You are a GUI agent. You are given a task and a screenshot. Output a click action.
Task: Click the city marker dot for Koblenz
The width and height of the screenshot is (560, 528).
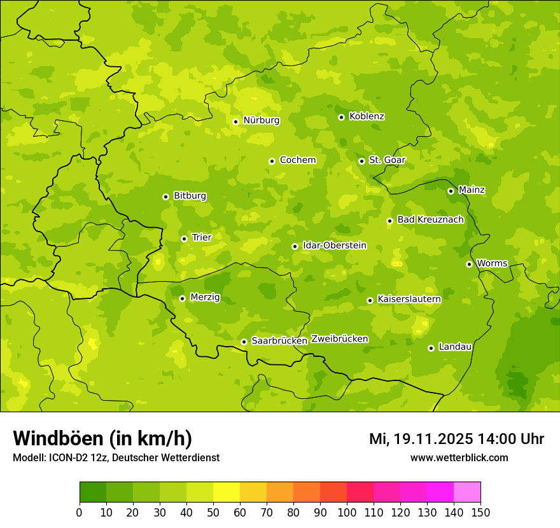[342, 117]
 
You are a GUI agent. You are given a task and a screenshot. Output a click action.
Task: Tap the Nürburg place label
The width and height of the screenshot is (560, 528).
[261, 120]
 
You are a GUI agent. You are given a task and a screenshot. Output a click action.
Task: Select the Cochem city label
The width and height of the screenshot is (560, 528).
[298, 160]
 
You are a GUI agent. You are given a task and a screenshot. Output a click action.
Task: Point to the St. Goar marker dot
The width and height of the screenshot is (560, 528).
[362, 161]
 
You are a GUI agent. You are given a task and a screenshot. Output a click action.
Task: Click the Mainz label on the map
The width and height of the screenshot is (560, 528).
[472, 190]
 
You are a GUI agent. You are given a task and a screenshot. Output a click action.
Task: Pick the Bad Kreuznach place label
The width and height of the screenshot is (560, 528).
[430, 219]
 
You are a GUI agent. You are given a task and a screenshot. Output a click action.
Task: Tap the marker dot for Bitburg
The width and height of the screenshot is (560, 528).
[166, 197]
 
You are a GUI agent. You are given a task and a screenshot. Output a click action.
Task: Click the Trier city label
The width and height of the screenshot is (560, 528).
[201, 237]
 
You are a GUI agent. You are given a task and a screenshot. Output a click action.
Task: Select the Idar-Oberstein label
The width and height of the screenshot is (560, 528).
[335, 245]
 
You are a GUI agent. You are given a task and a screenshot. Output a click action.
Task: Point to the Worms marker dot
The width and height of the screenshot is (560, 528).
[470, 264]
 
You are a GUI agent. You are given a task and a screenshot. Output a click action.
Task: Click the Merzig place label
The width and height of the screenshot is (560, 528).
[205, 297]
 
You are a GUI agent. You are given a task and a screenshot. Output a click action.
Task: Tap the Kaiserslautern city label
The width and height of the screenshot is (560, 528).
[409, 299]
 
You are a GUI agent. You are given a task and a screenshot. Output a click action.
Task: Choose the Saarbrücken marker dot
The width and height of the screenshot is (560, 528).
[244, 342]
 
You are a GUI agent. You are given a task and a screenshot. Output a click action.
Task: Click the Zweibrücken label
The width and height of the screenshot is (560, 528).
[339, 339]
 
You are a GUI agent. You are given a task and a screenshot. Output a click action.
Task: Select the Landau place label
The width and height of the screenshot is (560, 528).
[455, 347]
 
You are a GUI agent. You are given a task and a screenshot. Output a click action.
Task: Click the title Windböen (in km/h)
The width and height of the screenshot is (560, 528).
[102, 438]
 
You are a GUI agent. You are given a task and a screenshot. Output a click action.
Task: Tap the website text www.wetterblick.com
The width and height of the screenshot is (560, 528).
[459, 457]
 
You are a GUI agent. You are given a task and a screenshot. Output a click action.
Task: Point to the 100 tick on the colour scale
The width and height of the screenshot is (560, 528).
[347, 512]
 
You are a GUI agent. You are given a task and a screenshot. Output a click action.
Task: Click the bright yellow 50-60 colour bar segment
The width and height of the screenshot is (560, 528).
[227, 492]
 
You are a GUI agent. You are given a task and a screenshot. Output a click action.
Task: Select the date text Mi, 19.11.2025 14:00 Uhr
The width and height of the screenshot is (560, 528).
[456, 439]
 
